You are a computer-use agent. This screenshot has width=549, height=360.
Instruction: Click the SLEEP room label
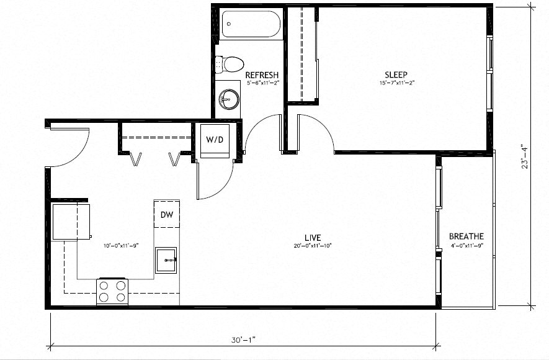point(396,74)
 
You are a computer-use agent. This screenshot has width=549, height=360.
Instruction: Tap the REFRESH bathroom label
point(261,74)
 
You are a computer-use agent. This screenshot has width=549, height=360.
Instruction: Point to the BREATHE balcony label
point(466,236)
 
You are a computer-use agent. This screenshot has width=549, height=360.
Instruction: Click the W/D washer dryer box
point(215,140)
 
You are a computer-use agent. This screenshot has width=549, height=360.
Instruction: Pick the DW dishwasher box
point(166,215)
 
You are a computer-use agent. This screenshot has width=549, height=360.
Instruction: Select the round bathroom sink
point(228,98)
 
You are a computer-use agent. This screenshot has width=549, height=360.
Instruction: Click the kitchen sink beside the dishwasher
point(166,260)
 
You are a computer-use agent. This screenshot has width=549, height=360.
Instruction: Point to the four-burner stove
point(112,292)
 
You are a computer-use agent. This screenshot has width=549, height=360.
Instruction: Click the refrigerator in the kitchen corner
point(70,221)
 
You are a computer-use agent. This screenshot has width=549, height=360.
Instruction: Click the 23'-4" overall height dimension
point(525,155)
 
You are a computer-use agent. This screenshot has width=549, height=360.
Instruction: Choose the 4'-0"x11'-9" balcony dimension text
point(466,246)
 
